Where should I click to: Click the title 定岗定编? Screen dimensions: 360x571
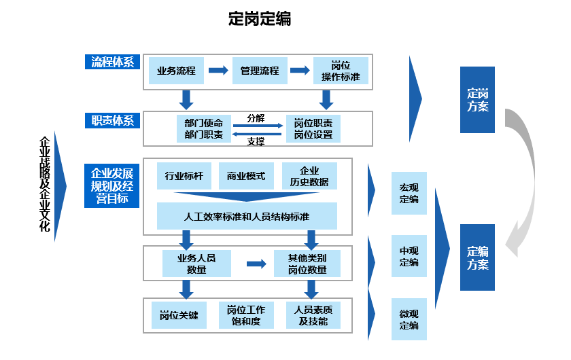260,19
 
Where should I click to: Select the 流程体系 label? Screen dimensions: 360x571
112,62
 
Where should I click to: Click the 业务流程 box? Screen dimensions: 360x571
176,71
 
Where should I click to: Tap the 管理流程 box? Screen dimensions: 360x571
260,71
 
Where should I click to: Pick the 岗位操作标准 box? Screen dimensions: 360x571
341,71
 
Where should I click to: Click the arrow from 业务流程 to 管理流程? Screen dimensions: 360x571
218,71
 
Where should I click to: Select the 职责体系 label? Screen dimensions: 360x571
112,121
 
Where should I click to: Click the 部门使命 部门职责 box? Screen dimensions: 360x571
203,129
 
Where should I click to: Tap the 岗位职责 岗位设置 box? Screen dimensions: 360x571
313,129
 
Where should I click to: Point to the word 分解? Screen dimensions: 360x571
256,118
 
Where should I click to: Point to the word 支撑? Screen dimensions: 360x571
256,141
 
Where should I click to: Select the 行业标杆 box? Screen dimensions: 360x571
184,176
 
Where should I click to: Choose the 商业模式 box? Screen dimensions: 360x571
246,176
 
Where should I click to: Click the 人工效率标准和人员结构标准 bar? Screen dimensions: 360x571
247,217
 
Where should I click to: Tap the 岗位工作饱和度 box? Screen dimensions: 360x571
246,315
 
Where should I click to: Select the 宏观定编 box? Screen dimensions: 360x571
409,193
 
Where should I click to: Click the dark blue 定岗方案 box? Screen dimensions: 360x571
477,100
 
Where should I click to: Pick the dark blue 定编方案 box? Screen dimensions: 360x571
477,257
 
